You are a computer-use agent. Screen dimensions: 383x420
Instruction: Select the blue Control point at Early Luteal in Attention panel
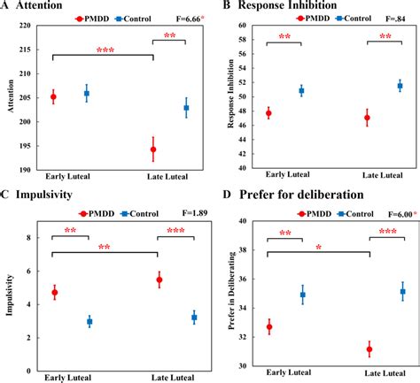click(x=86, y=93)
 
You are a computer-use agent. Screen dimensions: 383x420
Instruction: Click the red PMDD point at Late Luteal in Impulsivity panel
click(x=159, y=280)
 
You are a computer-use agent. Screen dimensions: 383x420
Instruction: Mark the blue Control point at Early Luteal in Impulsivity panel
click(x=88, y=321)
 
